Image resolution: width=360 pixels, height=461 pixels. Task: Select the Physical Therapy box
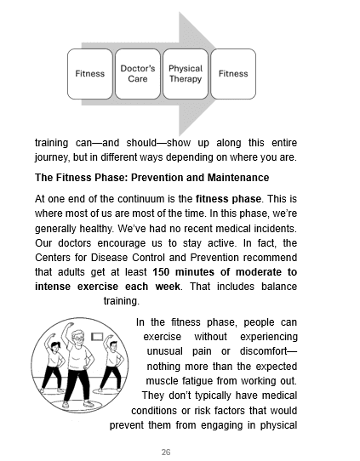click(185, 73)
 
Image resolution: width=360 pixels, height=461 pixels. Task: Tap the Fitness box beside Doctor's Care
click(90, 73)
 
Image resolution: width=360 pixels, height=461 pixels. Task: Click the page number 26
click(179, 451)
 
